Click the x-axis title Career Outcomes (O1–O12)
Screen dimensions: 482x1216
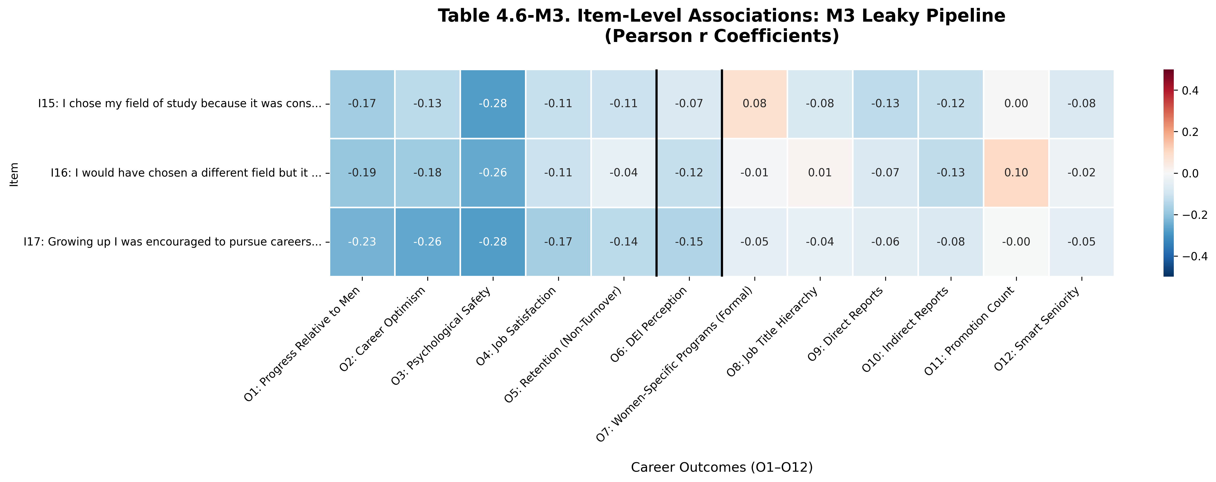pyautogui.click(x=721, y=467)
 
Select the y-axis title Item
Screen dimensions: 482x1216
pyautogui.click(x=14, y=175)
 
